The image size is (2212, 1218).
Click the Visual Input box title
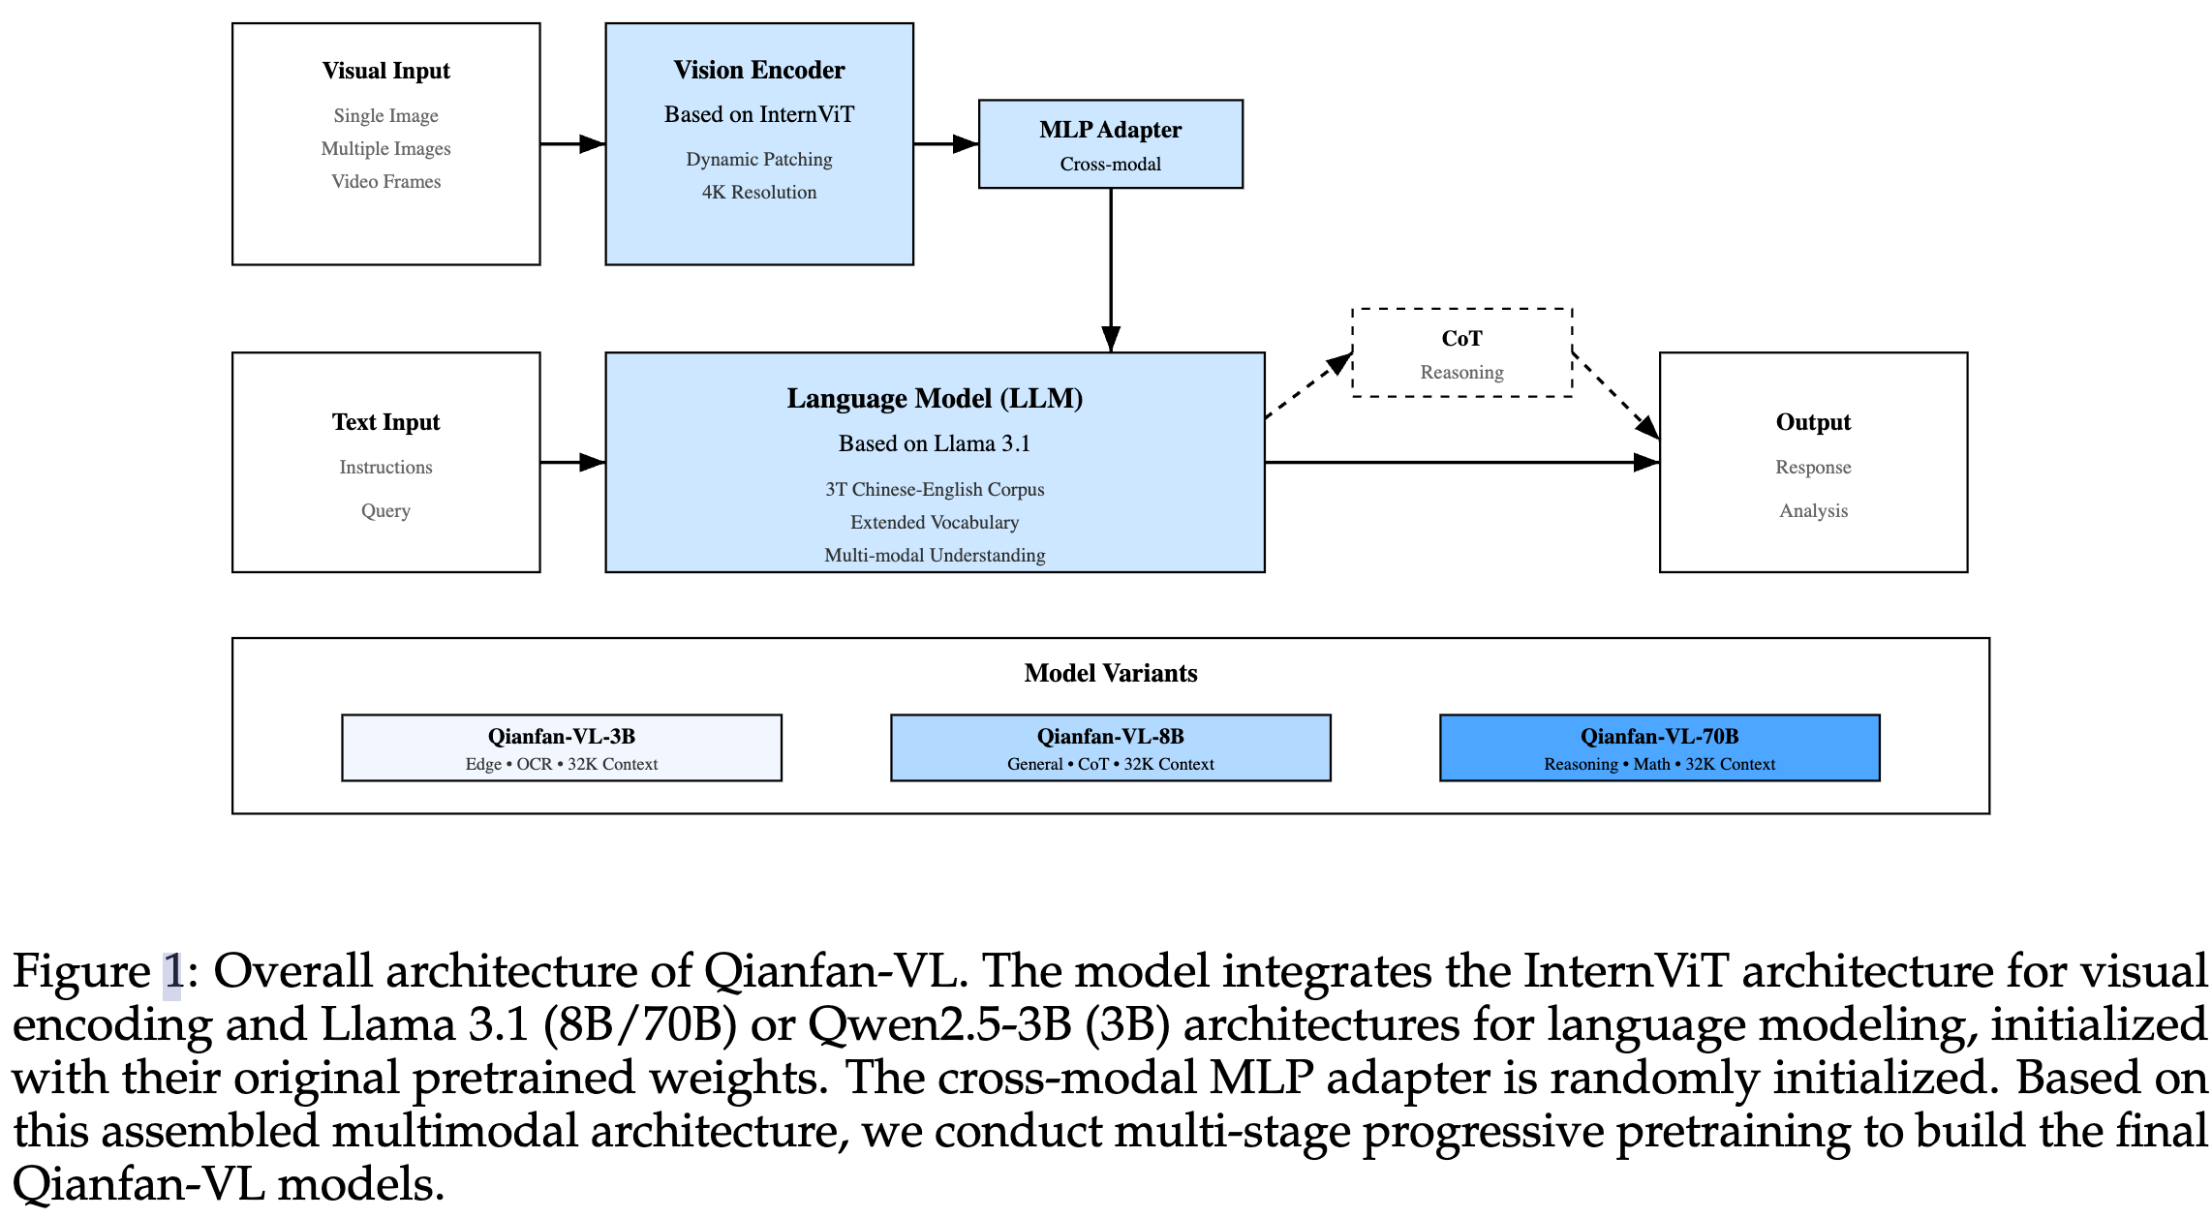pyautogui.click(x=385, y=71)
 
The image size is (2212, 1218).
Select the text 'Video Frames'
pyautogui.click(x=385, y=182)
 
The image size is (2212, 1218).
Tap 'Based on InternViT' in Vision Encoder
pyautogui.click(x=758, y=114)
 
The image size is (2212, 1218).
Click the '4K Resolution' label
pyautogui.click(x=758, y=193)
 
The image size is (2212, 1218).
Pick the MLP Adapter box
pyautogui.click(x=1110, y=144)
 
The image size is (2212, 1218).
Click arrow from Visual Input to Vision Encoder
pyautogui.click(x=571, y=144)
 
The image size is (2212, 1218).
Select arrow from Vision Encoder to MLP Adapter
pyautogui.click(x=945, y=144)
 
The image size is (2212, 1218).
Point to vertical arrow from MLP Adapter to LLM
pyautogui.click(x=1111, y=271)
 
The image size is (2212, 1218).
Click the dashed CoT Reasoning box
pyautogui.click(x=1461, y=353)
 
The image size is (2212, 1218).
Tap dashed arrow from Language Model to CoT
pyautogui.click(x=1307, y=386)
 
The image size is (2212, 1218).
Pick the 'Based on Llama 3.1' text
pyautogui.click(x=934, y=444)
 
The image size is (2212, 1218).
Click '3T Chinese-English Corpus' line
pyautogui.click(x=934, y=490)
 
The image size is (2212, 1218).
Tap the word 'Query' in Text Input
pyautogui.click(x=385, y=511)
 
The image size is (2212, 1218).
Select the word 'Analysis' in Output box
pyautogui.click(x=1813, y=511)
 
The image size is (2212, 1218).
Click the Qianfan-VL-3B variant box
pyautogui.click(x=561, y=748)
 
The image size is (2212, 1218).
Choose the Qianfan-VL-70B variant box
pyautogui.click(x=1659, y=748)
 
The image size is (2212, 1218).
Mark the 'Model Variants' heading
pyautogui.click(x=1110, y=674)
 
